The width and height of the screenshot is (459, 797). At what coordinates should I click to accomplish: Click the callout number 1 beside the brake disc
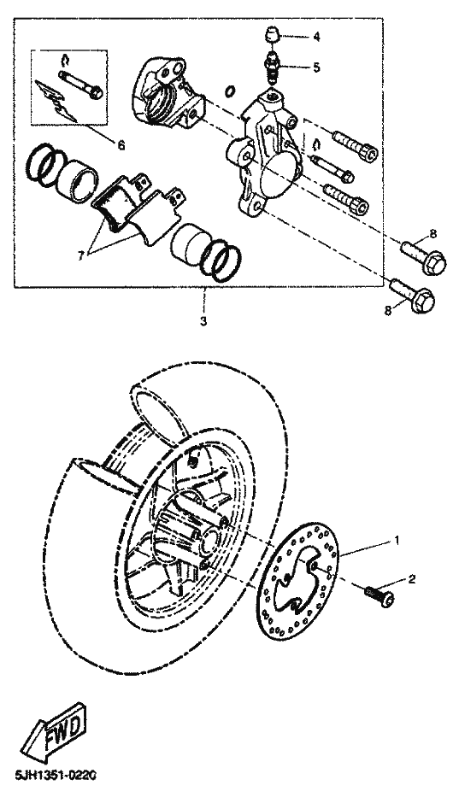coord(397,540)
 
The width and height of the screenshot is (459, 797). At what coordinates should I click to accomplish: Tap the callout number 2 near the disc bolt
coord(412,579)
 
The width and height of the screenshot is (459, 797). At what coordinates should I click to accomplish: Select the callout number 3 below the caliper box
coord(203,321)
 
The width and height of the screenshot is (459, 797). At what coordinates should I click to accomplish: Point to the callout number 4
coord(316,37)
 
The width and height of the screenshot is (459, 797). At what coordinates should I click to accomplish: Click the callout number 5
coord(316,67)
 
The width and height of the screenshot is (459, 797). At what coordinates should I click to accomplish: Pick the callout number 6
coord(121,145)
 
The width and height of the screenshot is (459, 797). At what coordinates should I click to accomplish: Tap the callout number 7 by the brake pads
coord(80,256)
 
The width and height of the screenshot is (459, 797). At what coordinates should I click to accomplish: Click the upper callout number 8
coord(433,234)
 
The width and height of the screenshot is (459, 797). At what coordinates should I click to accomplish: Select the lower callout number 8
coord(388,311)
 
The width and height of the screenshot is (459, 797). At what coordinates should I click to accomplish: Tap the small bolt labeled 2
coord(380,595)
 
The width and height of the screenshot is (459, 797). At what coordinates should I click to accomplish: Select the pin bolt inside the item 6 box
coord(80,85)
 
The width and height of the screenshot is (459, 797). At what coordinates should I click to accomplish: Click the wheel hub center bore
coord(209,542)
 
